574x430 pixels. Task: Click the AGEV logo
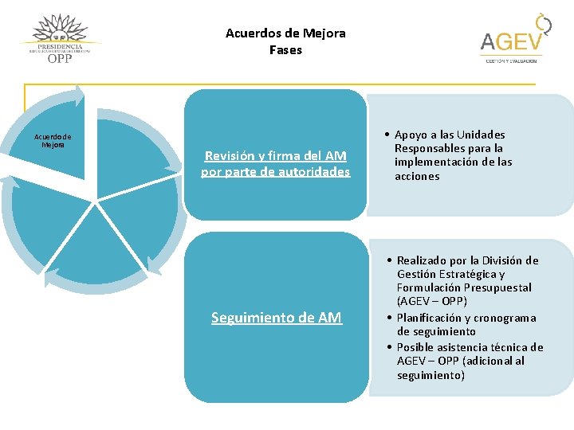point(512,40)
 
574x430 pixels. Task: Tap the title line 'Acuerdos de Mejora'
point(285,33)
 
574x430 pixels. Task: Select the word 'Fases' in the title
point(285,50)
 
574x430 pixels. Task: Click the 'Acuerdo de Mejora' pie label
point(53,140)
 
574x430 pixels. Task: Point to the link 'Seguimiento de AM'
point(276,318)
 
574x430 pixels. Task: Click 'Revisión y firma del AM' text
point(275,156)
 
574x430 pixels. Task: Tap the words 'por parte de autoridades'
point(275,171)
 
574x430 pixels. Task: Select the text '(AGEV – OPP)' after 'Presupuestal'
point(432,302)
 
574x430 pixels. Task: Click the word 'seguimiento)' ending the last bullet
point(431,375)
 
